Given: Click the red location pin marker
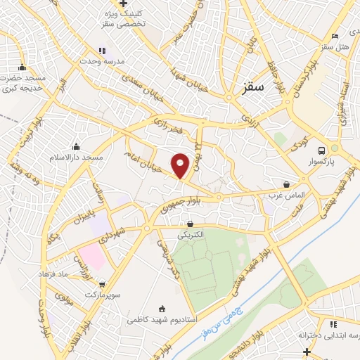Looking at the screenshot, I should click(x=181, y=165).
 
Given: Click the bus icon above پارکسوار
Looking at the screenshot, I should click(x=321, y=150).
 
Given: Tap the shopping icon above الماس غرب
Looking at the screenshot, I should click(x=285, y=184).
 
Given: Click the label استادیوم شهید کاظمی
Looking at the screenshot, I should click(x=161, y=319).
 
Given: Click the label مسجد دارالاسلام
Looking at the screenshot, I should click(x=77, y=157).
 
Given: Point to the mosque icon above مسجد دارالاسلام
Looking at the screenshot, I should click(x=77, y=146).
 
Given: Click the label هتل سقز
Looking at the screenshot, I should click(x=335, y=46).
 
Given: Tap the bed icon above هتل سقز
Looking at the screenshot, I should click(x=335, y=36).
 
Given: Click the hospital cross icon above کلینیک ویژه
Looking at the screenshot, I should click(x=123, y=4).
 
